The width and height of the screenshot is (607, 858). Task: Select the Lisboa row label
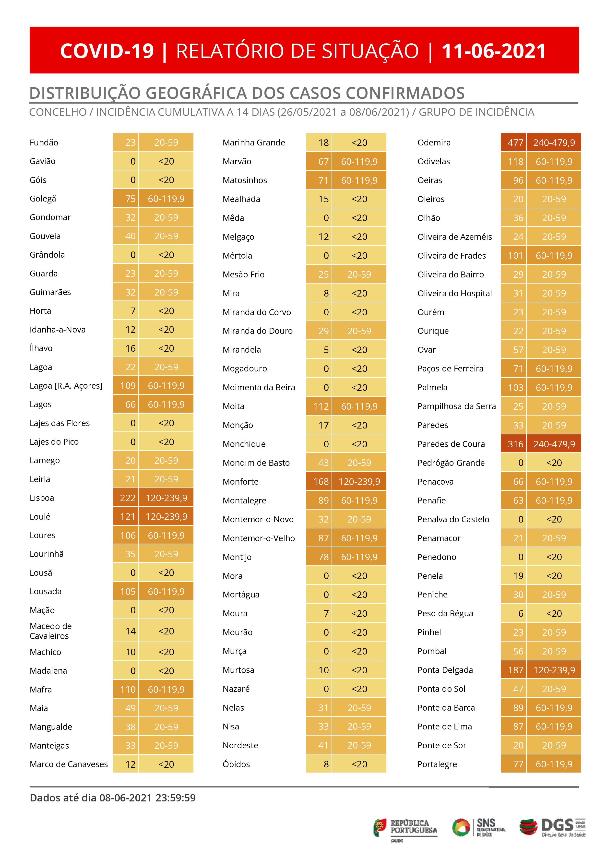point(42,498)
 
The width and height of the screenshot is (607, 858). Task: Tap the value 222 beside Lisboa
point(128,498)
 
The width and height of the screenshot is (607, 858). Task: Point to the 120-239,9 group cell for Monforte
point(359,481)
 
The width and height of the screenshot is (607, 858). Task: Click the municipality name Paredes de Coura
point(451,444)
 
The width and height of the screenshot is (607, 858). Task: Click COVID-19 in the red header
point(107,51)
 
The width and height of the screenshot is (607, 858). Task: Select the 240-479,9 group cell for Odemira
point(554,142)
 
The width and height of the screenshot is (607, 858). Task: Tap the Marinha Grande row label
point(254,142)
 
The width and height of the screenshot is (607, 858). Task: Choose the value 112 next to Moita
point(321,406)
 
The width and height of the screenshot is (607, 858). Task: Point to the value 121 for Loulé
point(128,516)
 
